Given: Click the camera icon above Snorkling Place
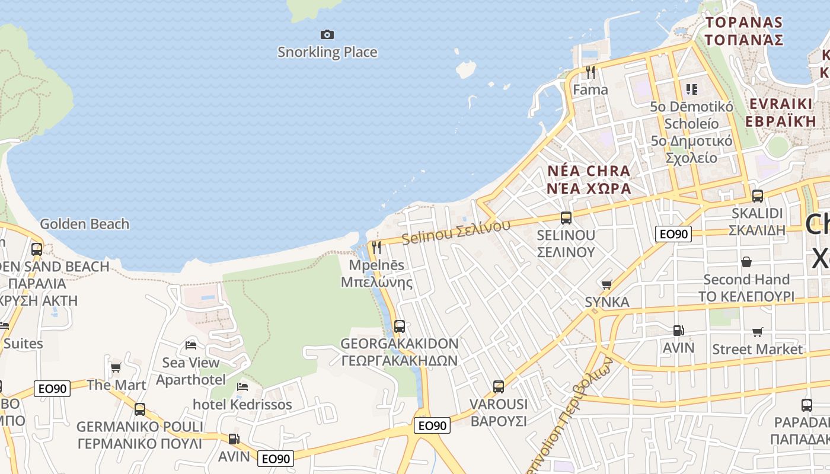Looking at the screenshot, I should (327, 35).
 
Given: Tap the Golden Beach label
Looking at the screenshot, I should (84, 224).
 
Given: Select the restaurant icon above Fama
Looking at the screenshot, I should (590, 72).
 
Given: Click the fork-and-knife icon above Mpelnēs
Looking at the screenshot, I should (376, 247).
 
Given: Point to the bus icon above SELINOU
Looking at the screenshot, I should (566, 217).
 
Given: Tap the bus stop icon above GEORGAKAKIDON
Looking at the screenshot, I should (400, 326).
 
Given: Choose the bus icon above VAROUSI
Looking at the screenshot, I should (499, 387).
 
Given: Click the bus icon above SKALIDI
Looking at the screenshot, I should (757, 196).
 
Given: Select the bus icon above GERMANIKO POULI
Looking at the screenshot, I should (140, 409).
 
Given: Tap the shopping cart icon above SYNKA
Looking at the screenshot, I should (606, 285).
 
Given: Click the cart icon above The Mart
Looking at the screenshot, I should (116, 368).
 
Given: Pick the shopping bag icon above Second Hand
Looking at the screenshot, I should (746, 261).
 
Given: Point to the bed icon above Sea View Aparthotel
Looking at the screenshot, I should (191, 345).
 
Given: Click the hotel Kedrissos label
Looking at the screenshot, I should (242, 405).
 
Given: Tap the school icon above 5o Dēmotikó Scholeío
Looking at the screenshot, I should (691, 89).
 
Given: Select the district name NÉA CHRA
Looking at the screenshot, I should (588, 171).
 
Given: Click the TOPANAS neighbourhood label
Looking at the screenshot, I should (744, 23).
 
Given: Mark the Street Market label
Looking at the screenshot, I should (757, 349).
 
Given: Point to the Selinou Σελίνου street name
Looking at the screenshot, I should (456, 232).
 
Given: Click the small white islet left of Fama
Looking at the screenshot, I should (467, 69).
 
